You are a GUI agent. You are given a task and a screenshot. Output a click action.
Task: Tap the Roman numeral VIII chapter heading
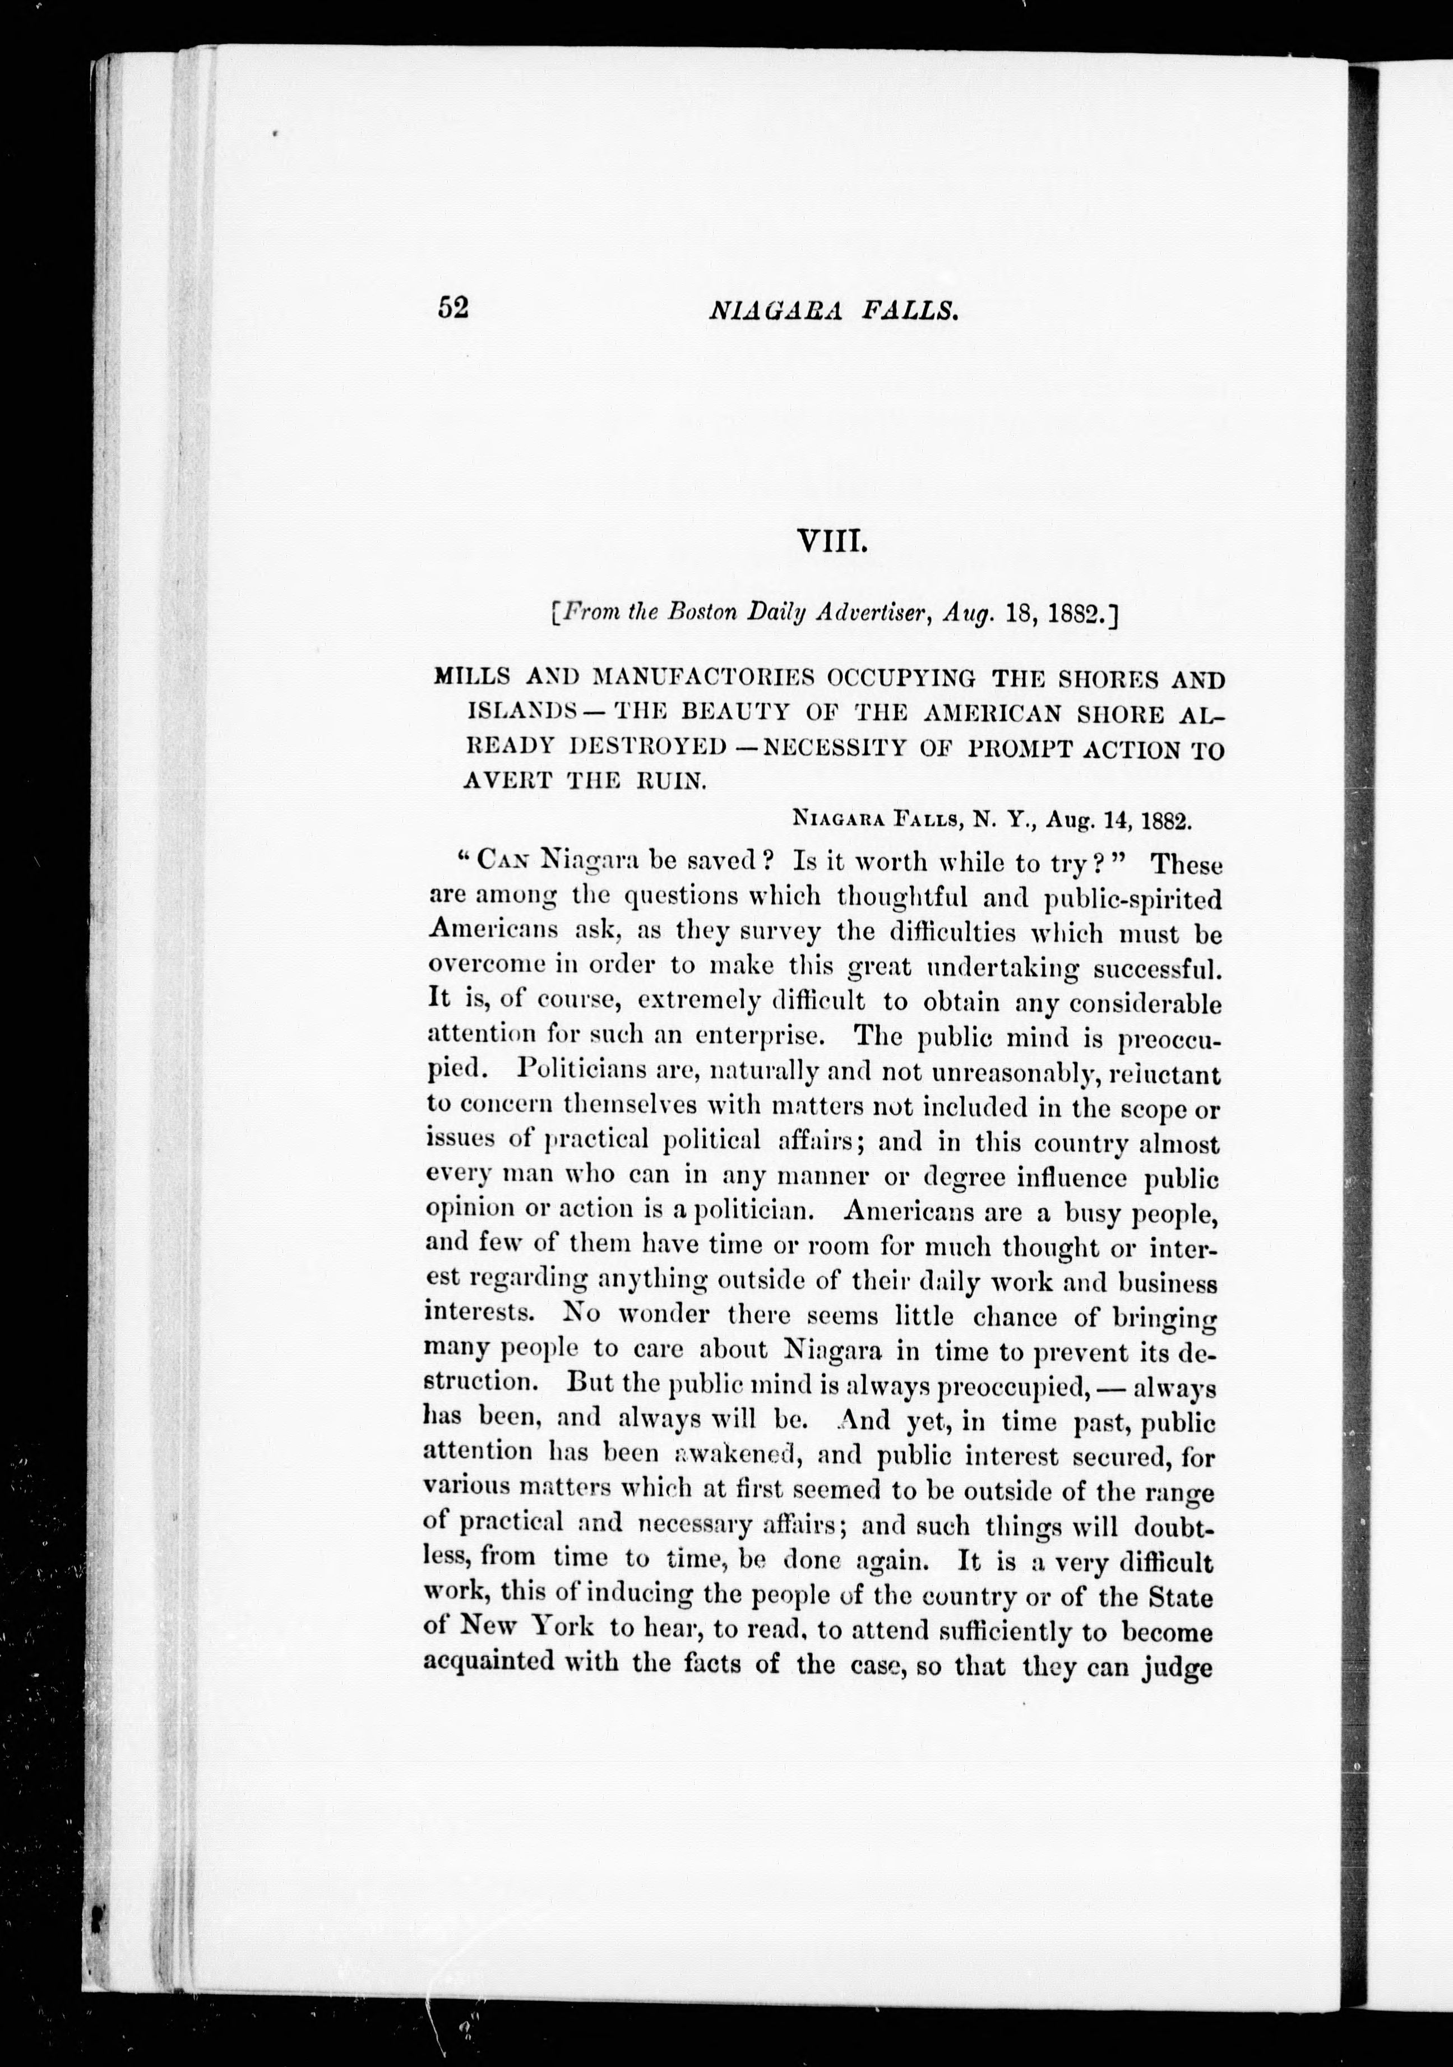(x=831, y=543)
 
